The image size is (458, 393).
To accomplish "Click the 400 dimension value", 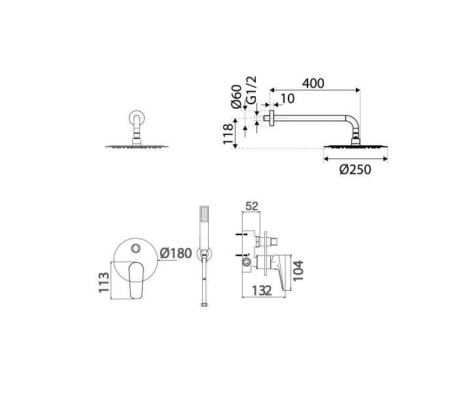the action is pyautogui.click(x=313, y=83).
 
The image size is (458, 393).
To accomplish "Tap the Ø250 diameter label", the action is pyautogui.click(x=355, y=170).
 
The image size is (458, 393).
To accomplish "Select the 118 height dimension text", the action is pyautogui.click(x=228, y=134).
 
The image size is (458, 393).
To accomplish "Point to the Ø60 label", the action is pyautogui.click(x=236, y=96).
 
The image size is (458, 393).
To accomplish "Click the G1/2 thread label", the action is pyautogui.click(x=251, y=90).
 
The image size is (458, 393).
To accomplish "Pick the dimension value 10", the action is pyautogui.click(x=287, y=99).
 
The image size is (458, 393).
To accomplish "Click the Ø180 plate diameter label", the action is pyautogui.click(x=176, y=253).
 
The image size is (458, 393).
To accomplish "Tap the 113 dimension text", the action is pyautogui.click(x=103, y=282).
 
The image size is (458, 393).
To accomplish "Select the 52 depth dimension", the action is pyautogui.click(x=252, y=206).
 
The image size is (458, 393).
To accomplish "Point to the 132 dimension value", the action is pyautogui.click(x=262, y=290).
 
